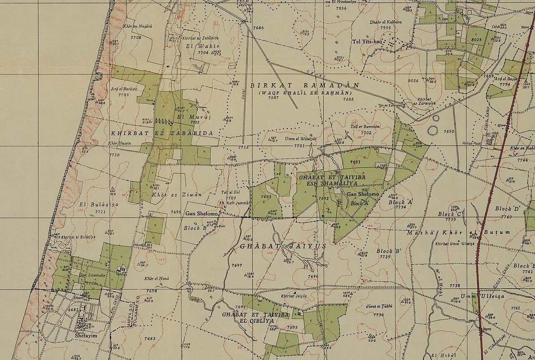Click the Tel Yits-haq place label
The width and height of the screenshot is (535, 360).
[367, 41]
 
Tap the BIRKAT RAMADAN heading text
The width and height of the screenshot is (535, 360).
[304, 85]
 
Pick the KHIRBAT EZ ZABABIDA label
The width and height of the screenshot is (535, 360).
[162, 133]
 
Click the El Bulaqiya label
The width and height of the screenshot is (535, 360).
[99, 205]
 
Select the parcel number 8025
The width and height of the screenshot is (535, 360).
[476, 40]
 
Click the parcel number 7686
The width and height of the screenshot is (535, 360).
[258, 28]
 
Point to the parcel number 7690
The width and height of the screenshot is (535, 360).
[448, 131]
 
